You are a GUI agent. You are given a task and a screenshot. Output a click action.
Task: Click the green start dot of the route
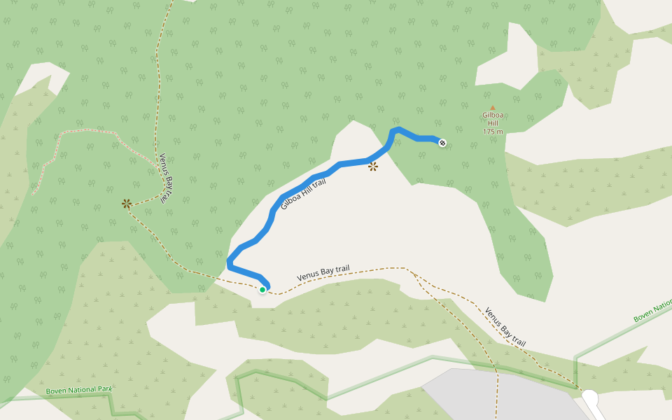coord(262,289)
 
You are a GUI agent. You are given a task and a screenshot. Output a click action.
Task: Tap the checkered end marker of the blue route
coord(442,143)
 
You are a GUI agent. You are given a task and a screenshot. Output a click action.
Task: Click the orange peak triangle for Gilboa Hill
coord(493,107)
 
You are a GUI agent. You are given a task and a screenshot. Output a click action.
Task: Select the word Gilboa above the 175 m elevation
coord(493,116)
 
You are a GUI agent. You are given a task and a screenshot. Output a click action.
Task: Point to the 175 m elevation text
coord(493,132)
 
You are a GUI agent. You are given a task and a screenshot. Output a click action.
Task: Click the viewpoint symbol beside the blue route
coord(373,167)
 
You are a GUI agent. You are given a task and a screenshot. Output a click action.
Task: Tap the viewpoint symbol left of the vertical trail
coord(126,204)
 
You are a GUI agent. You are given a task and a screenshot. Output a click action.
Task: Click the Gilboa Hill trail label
coord(304,194)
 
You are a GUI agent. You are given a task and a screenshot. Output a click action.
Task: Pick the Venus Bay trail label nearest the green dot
coord(323,273)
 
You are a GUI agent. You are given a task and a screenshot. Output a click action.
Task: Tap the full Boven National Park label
coord(78,391)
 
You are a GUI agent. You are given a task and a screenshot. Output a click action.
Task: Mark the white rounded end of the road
coord(591,398)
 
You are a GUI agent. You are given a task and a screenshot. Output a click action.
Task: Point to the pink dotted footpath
coord(84,131)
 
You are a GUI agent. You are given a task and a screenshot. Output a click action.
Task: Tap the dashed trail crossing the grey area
coord(497,392)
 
